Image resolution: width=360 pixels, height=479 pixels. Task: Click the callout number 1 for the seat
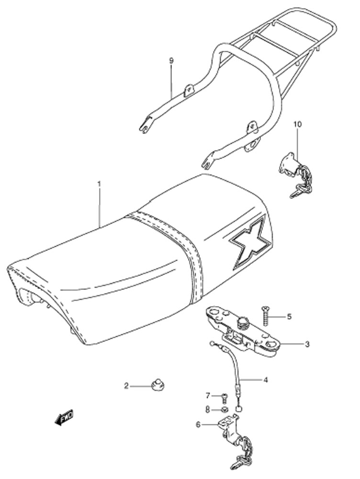(x=99, y=184)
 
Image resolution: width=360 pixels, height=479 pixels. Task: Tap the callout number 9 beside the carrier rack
(x=171, y=60)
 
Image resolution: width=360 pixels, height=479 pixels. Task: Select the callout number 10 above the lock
(x=298, y=125)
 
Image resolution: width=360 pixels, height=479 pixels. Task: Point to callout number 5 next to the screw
(x=289, y=316)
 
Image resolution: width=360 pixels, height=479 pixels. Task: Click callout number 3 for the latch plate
(x=307, y=344)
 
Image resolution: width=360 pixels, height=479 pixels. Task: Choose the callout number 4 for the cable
(x=265, y=380)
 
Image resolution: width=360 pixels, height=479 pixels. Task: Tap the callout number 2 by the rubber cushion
(x=126, y=386)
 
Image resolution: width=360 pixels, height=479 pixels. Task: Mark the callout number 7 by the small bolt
(x=208, y=396)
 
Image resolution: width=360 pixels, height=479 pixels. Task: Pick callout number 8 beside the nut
(x=208, y=410)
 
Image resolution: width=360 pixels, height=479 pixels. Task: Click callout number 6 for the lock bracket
(x=199, y=424)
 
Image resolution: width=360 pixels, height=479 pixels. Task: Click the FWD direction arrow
(x=64, y=417)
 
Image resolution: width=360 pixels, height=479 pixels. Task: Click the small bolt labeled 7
(x=225, y=397)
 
